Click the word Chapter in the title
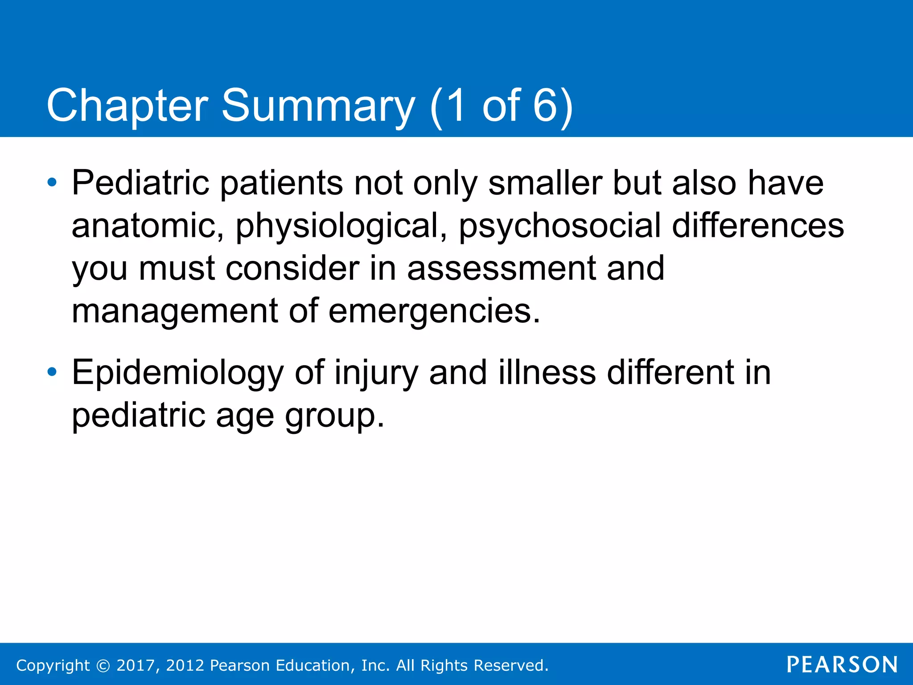(x=127, y=106)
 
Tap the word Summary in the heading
(x=318, y=106)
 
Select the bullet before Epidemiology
(x=52, y=371)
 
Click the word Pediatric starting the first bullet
(x=140, y=183)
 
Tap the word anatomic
(x=148, y=226)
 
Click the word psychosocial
(x=560, y=226)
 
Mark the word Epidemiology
(x=177, y=373)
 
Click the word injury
(x=376, y=373)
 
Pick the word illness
(x=547, y=373)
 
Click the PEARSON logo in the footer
(x=842, y=664)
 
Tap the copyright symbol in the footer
(x=103, y=665)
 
